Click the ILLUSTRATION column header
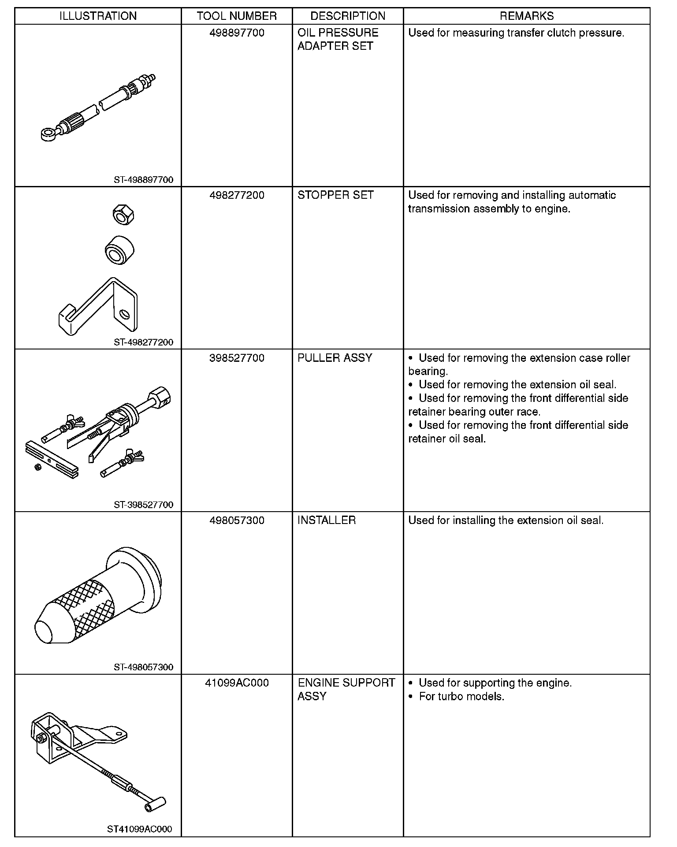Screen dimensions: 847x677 [x=98, y=16]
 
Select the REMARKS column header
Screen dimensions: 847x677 [x=526, y=16]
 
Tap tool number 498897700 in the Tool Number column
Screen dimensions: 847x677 [x=237, y=33]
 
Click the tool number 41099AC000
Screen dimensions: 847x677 [x=237, y=683]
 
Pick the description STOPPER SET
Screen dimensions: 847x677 [x=335, y=195]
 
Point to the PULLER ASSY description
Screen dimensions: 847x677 [x=335, y=358]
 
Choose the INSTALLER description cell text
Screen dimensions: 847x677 [x=327, y=520]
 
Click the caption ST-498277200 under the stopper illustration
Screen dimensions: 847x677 [x=143, y=342]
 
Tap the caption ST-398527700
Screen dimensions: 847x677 [x=143, y=505]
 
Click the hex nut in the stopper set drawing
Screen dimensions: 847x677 [x=123, y=215]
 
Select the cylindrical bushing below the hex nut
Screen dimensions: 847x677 [x=119, y=250]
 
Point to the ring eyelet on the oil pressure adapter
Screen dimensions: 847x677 [x=46, y=134]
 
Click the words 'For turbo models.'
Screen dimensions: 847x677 [x=461, y=697]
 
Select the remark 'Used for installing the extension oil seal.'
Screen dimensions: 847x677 [x=506, y=520]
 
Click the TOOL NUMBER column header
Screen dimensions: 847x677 [x=237, y=16]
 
